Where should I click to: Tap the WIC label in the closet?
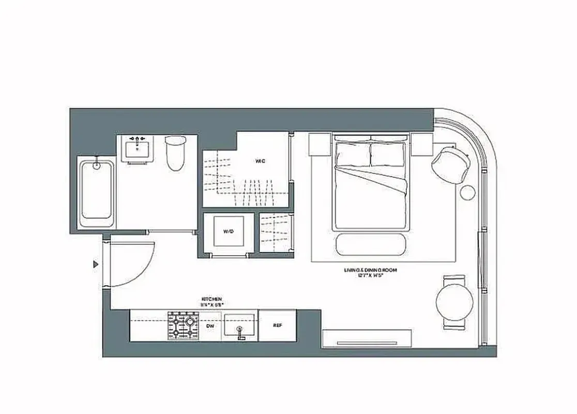[260, 161]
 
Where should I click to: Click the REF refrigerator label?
[277, 326]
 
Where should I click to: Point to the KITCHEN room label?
[212, 299]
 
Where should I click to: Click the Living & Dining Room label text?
[369, 270]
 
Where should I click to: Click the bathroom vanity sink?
[137, 150]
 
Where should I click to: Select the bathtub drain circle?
[96, 166]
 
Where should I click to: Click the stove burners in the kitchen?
[184, 326]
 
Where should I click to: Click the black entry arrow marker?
[95, 264]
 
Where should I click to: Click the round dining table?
[454, 303]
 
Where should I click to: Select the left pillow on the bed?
[353, 154]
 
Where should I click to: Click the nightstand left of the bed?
[320, 144]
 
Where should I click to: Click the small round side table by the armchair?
[467, 192]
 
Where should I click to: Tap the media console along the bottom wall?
[367, 339]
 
